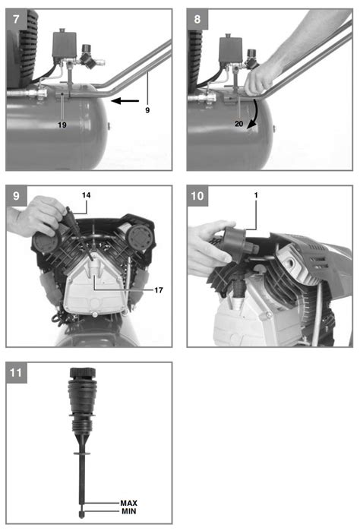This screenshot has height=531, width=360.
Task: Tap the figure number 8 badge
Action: coord(197,14)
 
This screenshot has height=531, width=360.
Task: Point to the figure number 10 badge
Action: coord(197,195)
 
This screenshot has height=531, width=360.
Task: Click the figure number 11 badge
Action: coord(16,373)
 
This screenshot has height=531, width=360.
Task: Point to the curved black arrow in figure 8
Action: coord(258,114)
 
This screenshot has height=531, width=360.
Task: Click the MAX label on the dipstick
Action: coord(129,503)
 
